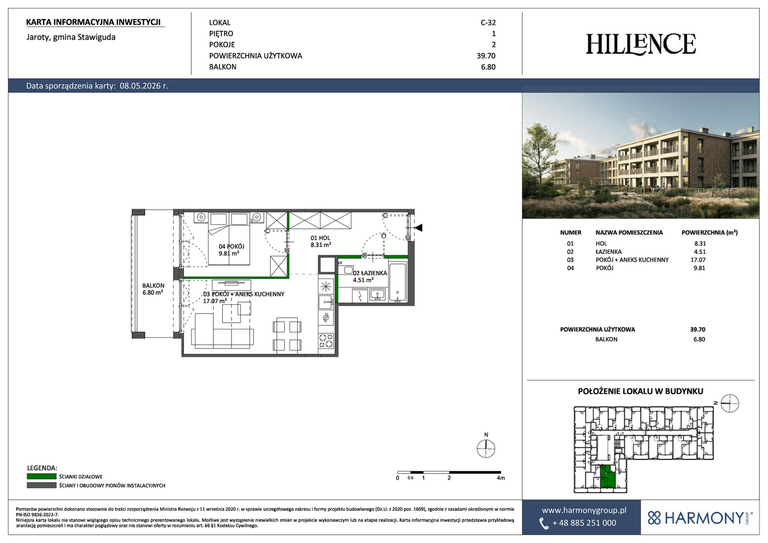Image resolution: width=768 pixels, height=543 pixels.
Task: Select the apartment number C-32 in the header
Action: (x=488, y=23)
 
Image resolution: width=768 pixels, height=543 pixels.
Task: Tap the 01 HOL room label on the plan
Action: (x=320, y=241)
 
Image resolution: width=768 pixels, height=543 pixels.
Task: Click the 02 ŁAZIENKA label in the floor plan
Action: (x=370, y=277)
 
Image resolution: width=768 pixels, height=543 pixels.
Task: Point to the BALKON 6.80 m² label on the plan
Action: (x=153, y=289)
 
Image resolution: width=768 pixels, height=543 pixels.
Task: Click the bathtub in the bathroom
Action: (x=398, y=282)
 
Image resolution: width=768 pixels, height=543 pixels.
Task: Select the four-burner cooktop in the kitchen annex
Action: (x=325, y=340)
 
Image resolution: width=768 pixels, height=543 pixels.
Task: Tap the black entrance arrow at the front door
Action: (x=418, y=228)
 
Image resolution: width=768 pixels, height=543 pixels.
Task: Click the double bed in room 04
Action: (x=229, y=239)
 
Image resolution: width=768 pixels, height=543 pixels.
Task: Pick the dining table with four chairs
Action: (x=287, y=335)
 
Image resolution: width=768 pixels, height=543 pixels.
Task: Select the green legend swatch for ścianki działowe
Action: (x=42, y=477)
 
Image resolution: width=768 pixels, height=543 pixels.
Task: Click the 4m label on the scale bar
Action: (x=501, y=478)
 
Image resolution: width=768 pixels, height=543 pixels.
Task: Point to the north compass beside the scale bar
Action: (x=486, y=448)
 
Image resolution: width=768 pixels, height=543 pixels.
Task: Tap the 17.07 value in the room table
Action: (x=698, y=260)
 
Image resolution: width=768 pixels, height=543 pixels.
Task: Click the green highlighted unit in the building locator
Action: (x=608, y=477)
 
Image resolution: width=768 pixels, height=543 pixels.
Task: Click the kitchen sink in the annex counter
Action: (x=325, y=302)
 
